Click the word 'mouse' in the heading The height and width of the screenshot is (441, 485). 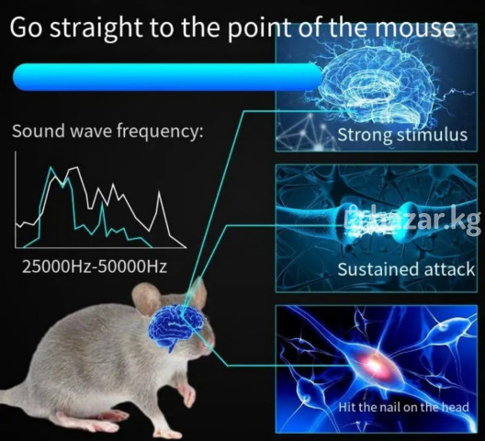click(415, 28)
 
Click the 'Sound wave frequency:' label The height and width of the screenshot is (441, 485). click(107, 131)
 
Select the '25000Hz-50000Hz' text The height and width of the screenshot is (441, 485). click(95, 266)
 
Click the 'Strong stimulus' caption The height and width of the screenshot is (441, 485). click(402, 135)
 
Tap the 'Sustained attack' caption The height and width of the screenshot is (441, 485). click(406, 269)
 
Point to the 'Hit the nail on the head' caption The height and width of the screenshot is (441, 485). click(403, 407)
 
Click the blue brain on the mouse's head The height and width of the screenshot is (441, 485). click(175, 327)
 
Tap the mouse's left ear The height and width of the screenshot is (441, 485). click(146, 299)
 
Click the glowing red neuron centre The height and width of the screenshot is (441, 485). click(375, 365)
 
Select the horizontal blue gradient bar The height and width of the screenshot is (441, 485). click(168, 77)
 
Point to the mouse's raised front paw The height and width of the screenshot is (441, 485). click(187, 394)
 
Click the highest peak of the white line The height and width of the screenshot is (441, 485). click(76, 167)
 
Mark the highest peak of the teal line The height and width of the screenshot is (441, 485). click(51, 167)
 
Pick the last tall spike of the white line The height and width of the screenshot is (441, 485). click(159, 192)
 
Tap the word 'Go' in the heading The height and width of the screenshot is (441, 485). click(26, 28)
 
